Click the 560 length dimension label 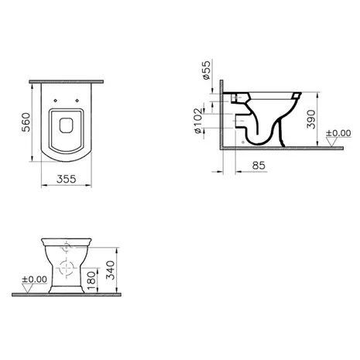pos(26,122)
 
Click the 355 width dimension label pos(67,179)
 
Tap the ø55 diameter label pos(207,70)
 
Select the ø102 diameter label pos(198,121)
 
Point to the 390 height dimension pos(311,119)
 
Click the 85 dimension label pos(259,166)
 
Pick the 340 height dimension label pos(111,270)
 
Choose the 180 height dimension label pos(91,280)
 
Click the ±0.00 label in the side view pos(338,133)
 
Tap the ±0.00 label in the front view pos(35,279)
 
